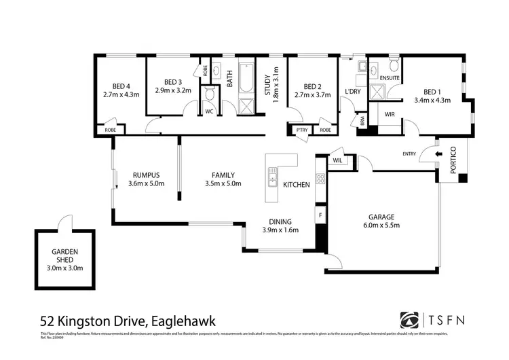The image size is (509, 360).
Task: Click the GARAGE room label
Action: pyautogui.click(x=381, y=217)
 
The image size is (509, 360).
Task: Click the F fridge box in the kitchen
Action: pyautogui.click(x=320, y=215)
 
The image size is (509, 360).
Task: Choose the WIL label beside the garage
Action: pyautogui.click(x=337, y=160)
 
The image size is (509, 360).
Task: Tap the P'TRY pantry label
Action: pyautogui.click(x=299, y=129)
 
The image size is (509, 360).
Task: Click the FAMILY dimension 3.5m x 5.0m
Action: pyautogui.click(x=223, y=183)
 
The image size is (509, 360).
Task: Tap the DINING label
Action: pyautogui.click(x=280, y=221)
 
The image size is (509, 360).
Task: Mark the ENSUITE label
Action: pyautogui.click(x=390, y=78)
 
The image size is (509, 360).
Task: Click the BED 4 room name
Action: pyautogui.click(x=121, y=86)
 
